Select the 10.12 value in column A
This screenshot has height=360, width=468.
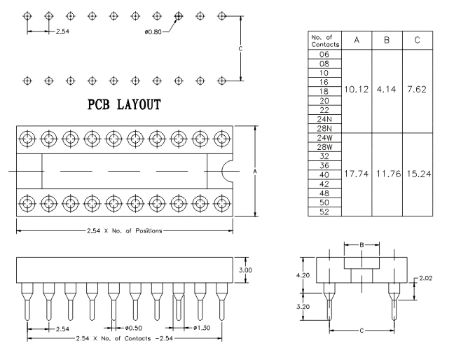[x=356, y=90]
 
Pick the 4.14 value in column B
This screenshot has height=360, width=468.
[x=387, y=90]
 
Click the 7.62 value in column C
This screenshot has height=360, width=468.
[x=418, y=90]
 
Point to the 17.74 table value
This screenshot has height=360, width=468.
[x=356, y=173]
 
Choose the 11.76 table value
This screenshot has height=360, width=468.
[x=387, y=173]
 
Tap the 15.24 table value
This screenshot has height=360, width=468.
[x=418, y=173]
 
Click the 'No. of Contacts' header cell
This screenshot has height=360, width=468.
[x=325, y=41]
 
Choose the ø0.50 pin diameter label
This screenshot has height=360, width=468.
[x=134, y=328]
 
